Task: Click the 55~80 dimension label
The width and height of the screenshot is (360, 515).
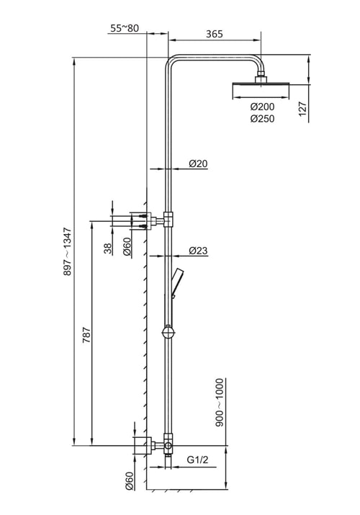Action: click(x=125, y=28)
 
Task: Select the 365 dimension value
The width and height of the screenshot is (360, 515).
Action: click(x=215, y=34)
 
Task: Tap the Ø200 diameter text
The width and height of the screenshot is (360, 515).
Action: click(x=262, y=107)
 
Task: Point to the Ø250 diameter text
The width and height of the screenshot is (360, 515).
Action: click(x=262, y=119)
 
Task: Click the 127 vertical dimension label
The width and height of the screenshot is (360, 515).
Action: click(x=302, y=109)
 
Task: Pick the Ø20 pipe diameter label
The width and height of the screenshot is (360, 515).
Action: click(x=198, y=164)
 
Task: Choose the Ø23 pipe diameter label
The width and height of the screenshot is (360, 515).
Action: click(x=198, y=251)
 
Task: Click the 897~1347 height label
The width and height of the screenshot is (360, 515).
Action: click(x=67, y=251)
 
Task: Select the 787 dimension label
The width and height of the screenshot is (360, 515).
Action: click(x=86, y=335)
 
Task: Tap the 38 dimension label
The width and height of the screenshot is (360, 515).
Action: click(x=108, y=248)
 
